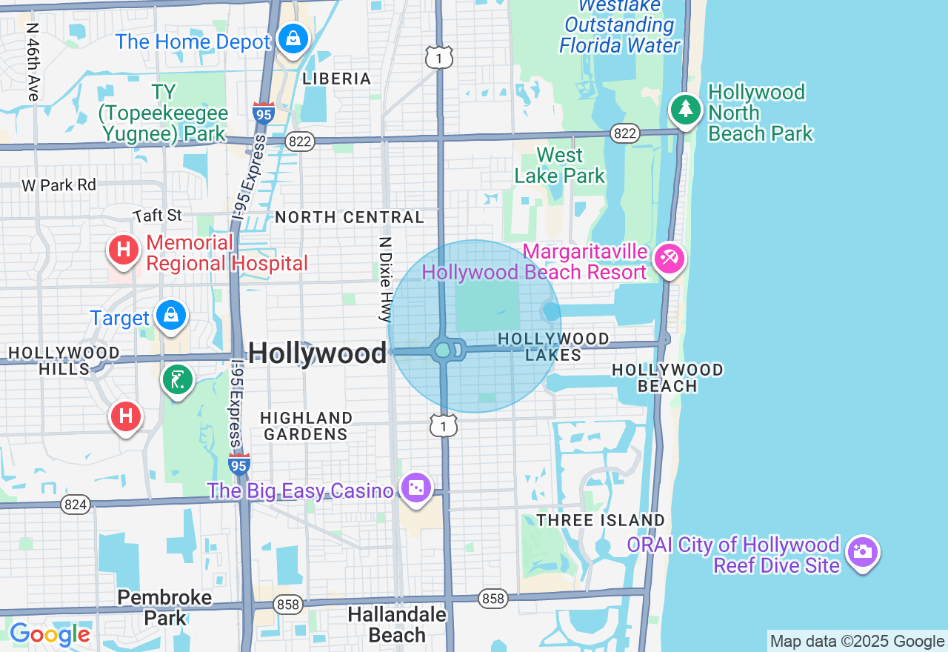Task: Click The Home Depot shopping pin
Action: click(293, 39)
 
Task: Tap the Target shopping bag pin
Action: click(171, 316)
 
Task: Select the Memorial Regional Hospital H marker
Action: click(124, 250)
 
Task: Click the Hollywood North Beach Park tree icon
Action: click(686, 110)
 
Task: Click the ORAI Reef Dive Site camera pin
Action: click(863, 552)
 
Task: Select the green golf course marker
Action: click(177, 381)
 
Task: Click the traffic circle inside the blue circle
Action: click(443, 350)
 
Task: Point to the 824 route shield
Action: click(76, 505)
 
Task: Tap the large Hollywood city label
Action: click(317, 353)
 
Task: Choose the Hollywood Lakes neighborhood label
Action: click(553, 347)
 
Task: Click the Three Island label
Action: click(601, 520)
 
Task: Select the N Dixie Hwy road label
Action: click(384, 279)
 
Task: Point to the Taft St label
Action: click(158, 216)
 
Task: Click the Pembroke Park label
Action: click(164, 607)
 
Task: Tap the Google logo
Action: click(50, 634)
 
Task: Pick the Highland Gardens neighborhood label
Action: click(306, 427)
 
